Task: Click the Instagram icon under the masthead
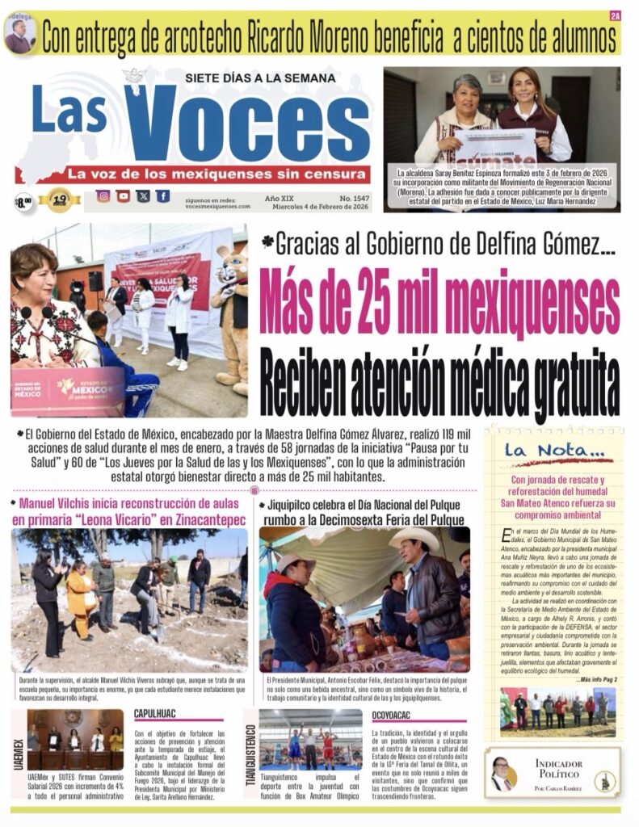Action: click(103, 196)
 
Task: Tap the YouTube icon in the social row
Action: click(123, 196)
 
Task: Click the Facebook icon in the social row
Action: click(163, 196)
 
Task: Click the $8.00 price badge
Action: click(23, 200)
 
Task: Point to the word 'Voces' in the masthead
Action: click(246, 123)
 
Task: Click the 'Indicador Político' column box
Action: click(553, 773)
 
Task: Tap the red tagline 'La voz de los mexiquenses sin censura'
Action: click(212, 174)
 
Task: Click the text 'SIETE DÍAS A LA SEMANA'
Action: click(260, 78)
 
